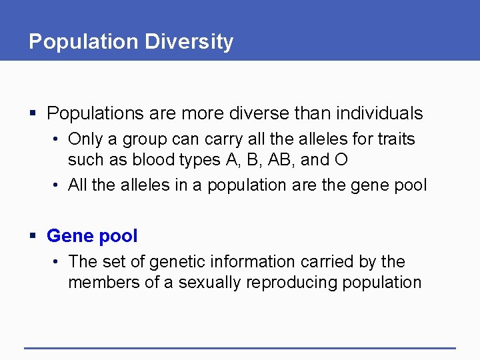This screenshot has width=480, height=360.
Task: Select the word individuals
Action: (383, 113)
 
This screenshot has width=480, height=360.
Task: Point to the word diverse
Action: (269, 113)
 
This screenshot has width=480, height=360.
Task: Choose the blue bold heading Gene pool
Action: (92, 236)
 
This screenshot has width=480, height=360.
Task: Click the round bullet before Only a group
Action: (59, 140)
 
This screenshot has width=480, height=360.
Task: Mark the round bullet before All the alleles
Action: (59, 185)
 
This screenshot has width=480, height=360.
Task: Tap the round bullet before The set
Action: (59, 262)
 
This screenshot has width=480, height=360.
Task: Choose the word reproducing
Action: (292, 283)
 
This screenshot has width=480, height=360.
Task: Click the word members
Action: (100, 283)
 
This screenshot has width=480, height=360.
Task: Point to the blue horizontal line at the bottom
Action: (240, 348)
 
